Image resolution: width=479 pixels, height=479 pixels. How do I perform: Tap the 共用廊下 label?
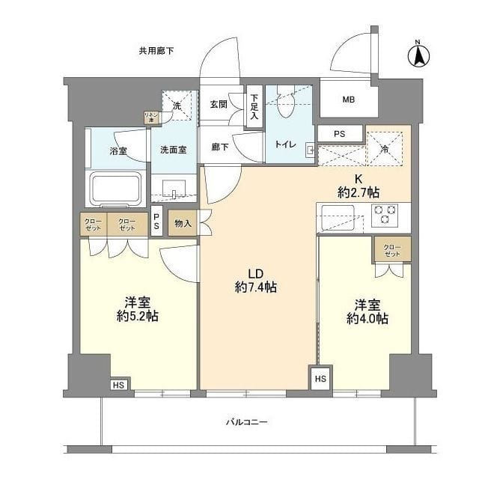click(x=156, y=51)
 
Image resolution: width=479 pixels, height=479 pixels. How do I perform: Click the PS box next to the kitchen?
click(x=339, y=134)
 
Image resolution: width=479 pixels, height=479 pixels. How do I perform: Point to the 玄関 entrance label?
click(x=219, y=104)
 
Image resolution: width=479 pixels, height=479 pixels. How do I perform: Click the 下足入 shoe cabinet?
click(x=254, y=107)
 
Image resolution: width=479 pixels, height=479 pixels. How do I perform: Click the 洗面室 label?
click(x=173, y=150)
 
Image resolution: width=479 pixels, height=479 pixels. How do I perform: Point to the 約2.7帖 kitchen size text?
click(x=358, y=192)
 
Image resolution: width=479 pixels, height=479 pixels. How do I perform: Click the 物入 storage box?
click(x=183, y=224)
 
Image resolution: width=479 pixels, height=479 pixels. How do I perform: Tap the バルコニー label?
click(x=246, y=422)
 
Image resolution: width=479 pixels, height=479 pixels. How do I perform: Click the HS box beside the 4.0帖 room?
click(x=320, y=378)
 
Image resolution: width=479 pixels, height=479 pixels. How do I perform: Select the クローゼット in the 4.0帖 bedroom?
click(x=391, y=250)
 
